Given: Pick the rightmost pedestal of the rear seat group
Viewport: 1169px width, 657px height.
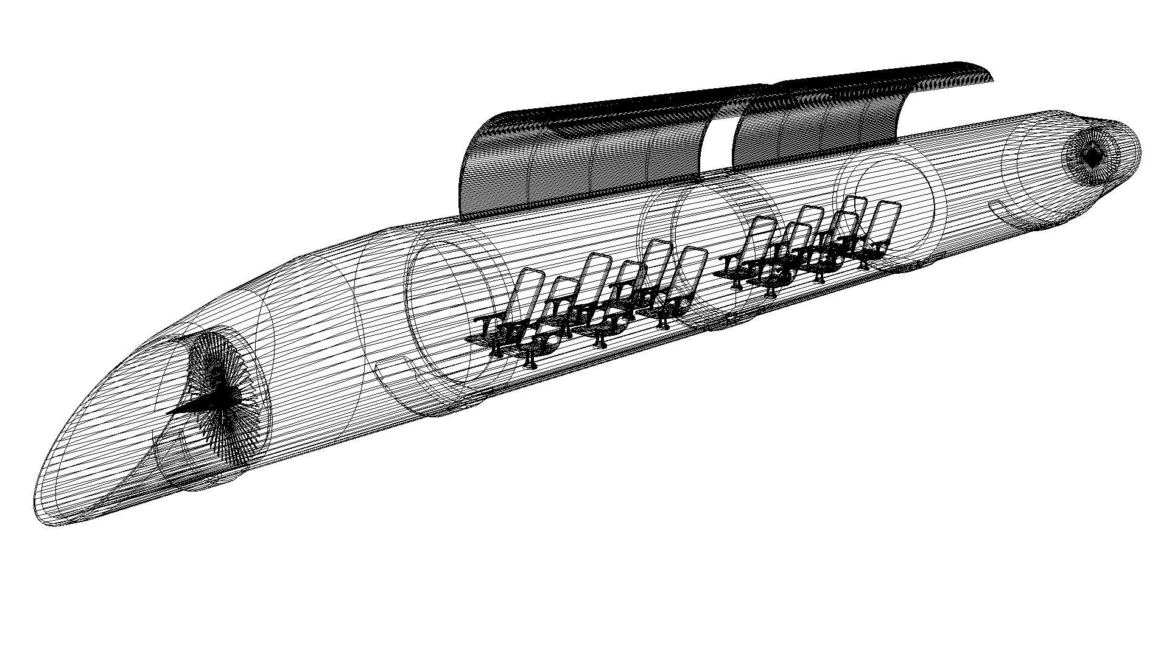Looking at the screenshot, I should [x=865, y=265].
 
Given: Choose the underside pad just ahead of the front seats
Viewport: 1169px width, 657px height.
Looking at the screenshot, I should [x=451, y=411].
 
